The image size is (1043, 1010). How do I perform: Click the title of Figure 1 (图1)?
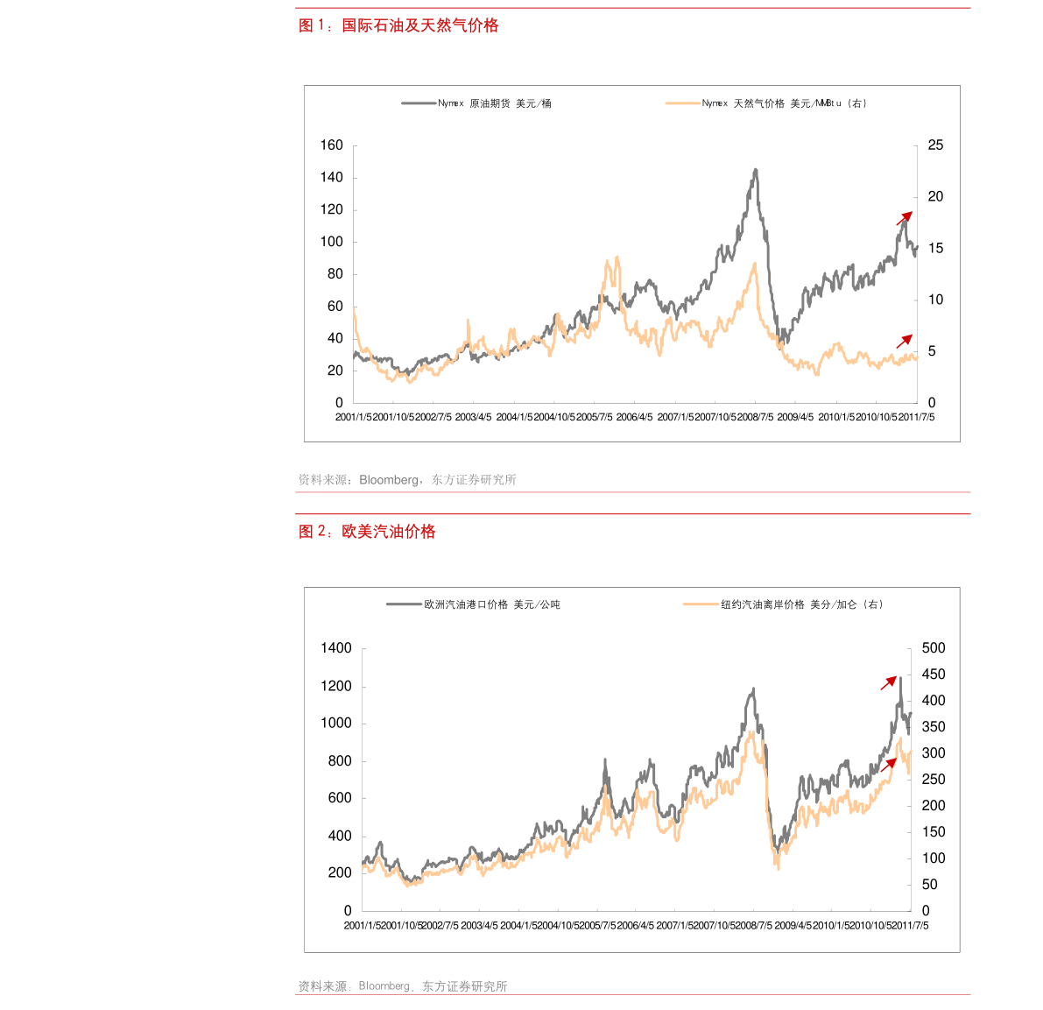(398, 26)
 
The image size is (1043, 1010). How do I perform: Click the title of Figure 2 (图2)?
(367, 532)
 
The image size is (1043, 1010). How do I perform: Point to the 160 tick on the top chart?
(332, 145)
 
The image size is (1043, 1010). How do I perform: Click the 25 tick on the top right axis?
(935, 145)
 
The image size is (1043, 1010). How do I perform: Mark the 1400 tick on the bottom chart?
(336, 648)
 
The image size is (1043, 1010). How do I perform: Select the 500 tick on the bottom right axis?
(934, 648)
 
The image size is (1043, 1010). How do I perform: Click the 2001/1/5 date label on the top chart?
(353, 417)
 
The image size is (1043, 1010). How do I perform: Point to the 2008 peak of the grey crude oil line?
(755, 170)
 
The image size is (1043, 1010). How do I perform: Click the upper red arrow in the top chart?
(904, 218)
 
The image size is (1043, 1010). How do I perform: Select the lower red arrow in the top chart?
(904, 342)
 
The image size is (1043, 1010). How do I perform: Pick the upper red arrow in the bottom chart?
(889, 683)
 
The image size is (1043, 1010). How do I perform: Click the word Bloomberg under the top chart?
(389, 480)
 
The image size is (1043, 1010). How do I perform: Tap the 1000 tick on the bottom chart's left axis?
(336, 724)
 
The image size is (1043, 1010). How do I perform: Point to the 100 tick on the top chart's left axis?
(332, 242)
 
